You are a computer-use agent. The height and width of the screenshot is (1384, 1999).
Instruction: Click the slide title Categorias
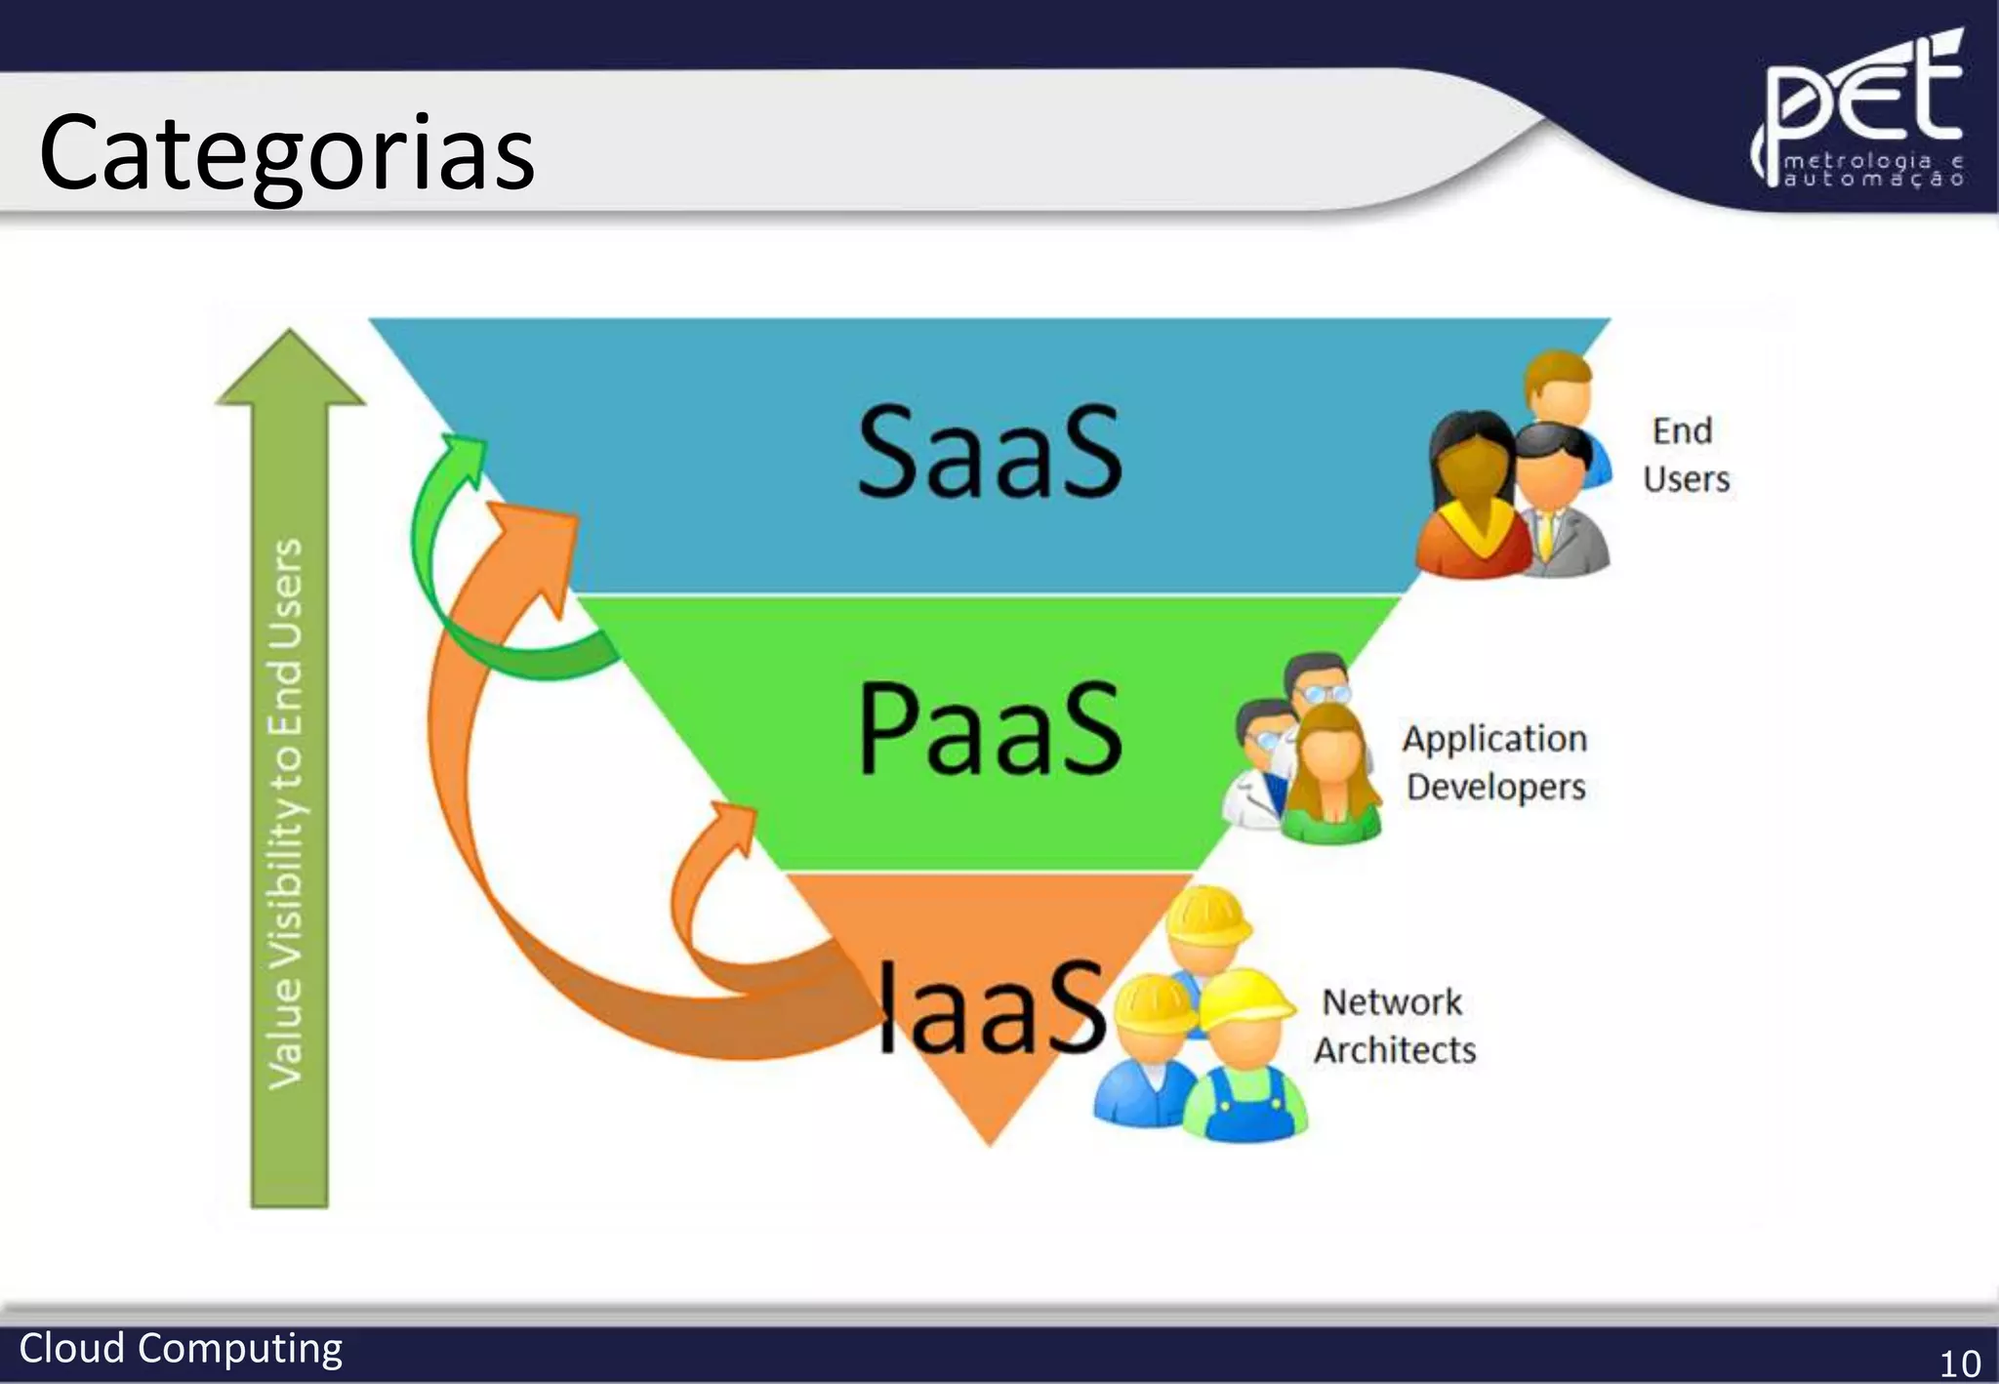pyautogui.click(x=287, y=154)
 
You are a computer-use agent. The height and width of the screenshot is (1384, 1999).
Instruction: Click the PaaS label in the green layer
pyautogui.click(x=989, y=728)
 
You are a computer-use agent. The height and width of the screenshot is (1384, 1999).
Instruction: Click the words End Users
pyautogui.click(x=1685, y=455)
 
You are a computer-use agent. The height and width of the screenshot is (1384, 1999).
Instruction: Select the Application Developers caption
pyautogui.click(x=1494, y=762)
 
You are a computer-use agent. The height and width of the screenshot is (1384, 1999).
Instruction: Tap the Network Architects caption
pyautogui.click(x=1394, y=1026)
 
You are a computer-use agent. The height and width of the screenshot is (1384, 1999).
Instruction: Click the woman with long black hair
pyautogui.click(x=1471, y=498)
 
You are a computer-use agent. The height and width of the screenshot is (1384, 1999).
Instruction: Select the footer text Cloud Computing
pyautogui.click(x=181, y=1348)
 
